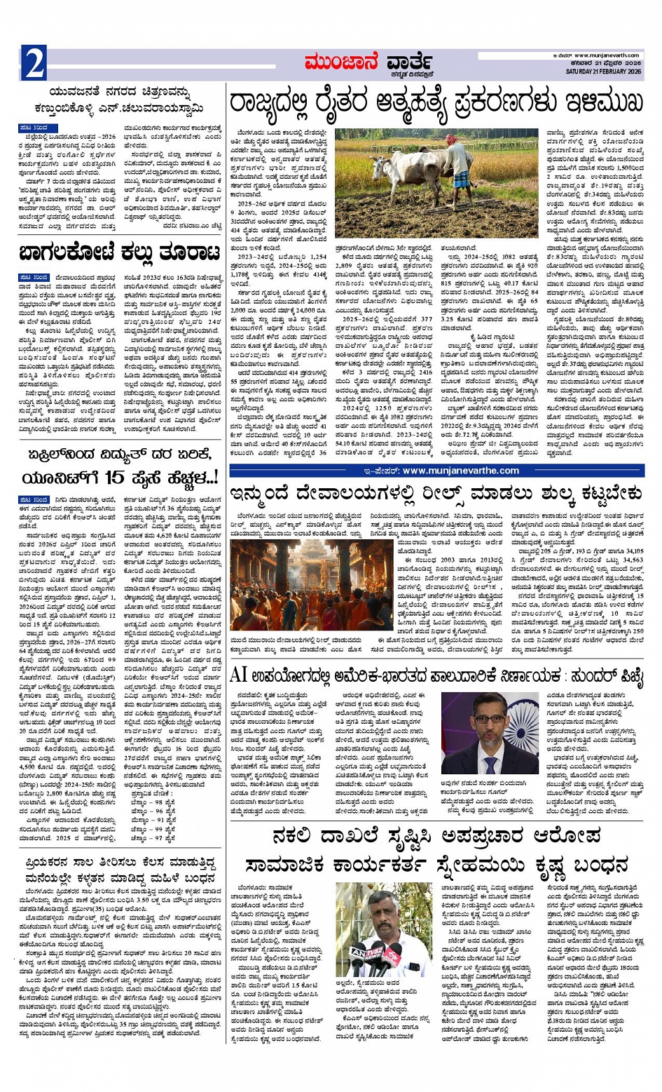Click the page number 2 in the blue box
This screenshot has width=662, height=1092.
(34, 63)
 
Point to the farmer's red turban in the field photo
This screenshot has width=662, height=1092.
(450, 139)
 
